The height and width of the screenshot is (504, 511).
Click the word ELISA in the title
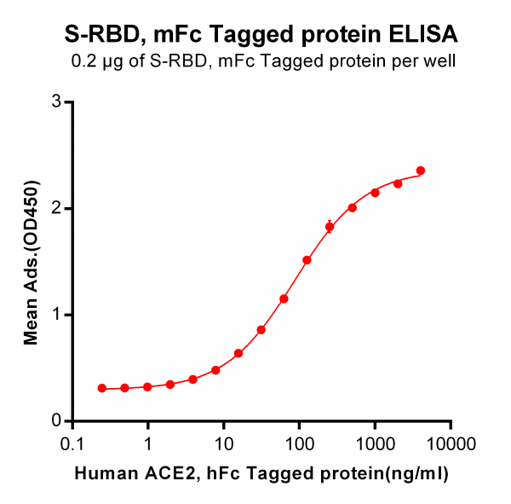click(x=423, y=34)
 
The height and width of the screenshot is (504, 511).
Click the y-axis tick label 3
click(x=56, y=101)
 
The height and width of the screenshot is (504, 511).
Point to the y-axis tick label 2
click(x=56, y=208)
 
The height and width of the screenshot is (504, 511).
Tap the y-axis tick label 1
click(x=56, y=315)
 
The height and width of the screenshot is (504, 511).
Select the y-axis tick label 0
click(x=56, y=420)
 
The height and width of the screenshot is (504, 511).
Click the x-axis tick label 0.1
click(x=72, y=444)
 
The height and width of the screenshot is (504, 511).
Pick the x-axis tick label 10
click(x=224, y=444)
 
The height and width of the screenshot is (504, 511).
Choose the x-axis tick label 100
click(x=299, y=444)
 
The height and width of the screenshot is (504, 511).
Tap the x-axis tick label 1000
click(x=375, y=444)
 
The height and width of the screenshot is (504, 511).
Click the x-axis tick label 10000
click(x=451, y=444)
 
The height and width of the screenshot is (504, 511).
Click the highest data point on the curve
click(x=421, y=171)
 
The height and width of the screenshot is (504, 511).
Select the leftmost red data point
click(x=102, y=388)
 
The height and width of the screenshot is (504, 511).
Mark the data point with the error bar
click(x=330, y=227)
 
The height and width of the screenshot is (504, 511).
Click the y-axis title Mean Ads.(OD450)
click(x=32, y=263)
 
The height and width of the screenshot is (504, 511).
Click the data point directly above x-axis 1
click(x=147, y=387)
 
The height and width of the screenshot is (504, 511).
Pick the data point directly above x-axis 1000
click(x=375, y=193)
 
